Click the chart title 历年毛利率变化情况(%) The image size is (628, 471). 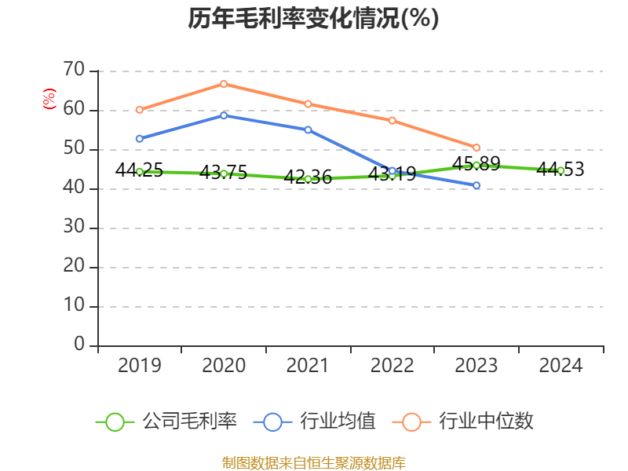pos(313,19)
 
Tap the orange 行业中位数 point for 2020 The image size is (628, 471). pos(224,84)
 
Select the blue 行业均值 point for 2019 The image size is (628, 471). pos(139,139)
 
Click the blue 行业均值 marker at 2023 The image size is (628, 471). pos(476,185)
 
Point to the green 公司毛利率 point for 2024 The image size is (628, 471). pos(560,170)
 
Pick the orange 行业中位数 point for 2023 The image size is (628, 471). pos(476,148)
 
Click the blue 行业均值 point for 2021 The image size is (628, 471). pos(308,130)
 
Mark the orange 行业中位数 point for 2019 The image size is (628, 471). pos(139,110)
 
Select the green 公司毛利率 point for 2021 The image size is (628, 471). pos(308,179)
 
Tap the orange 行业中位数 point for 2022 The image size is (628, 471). pos(392,120)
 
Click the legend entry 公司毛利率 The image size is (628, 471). pos(166,422)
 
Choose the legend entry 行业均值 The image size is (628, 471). pos(315,422)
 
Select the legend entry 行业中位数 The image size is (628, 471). pos(468,422)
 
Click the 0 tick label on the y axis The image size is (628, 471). pos(79,345)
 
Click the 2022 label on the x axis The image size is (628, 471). pos(392,366)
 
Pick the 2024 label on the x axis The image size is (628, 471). pos(560,366)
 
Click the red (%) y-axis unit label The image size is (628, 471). pos(49,100)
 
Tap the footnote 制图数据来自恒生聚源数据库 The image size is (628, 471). pos(313,462)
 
